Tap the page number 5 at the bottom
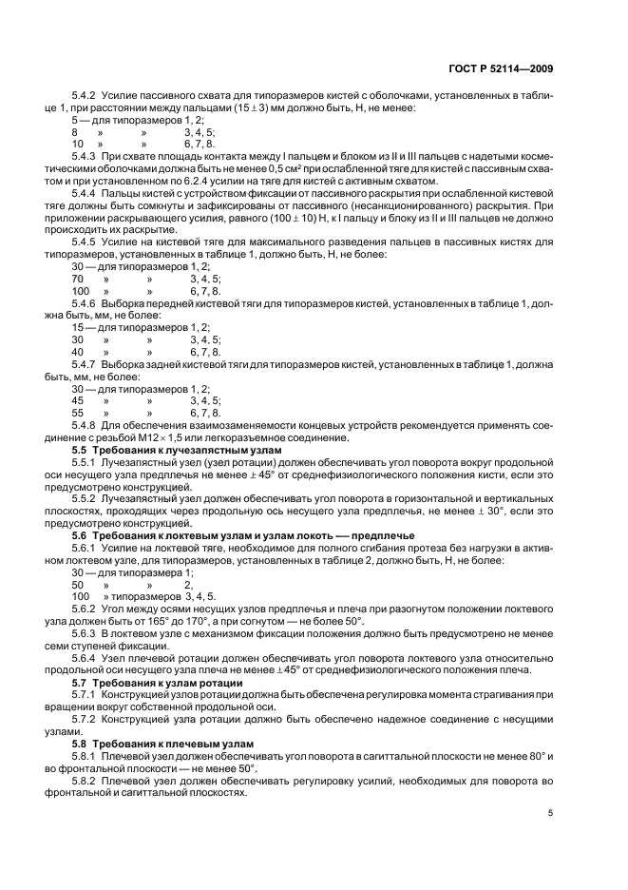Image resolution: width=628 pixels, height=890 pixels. click(x=552, y=814)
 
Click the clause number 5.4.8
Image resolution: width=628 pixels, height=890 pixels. click(x=86, y=426)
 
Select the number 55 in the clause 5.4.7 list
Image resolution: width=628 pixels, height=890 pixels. click(x=78, y=415)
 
